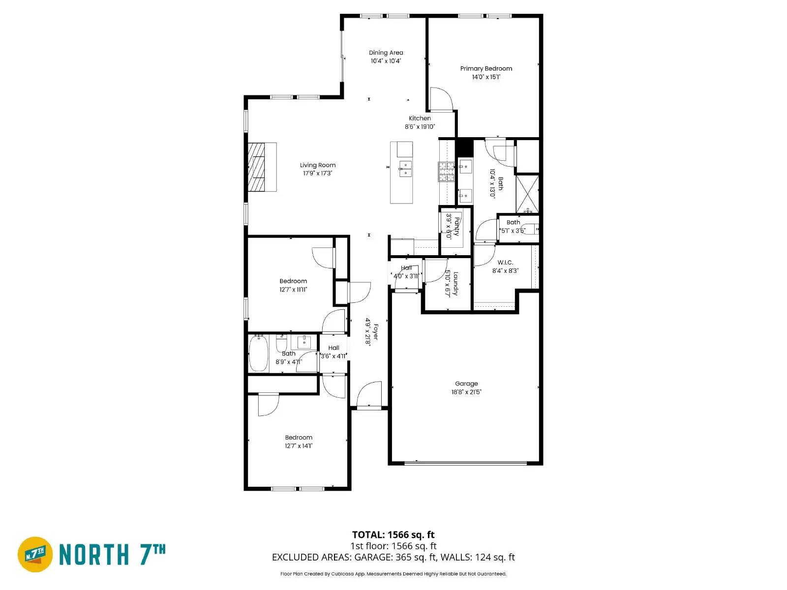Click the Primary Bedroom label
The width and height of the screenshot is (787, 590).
[486, 68]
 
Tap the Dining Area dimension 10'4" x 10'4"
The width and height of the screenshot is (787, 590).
[386, 61]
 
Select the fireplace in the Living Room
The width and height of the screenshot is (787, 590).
[256, 167]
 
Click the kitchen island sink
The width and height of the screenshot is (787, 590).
[405, 169]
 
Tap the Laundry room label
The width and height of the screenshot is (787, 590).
[456, 284]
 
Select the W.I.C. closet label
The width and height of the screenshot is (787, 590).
[505, 263]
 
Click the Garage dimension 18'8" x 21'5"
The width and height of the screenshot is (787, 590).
[466, 392]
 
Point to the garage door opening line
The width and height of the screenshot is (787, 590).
[465, 463]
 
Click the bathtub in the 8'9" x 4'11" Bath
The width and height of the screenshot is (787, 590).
[258, 353]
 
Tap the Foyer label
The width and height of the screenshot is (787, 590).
[376, 331]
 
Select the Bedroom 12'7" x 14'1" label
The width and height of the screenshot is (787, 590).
[299, 438]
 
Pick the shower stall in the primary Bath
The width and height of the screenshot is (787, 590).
[527, 193]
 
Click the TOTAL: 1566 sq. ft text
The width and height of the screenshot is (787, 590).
[393, 534]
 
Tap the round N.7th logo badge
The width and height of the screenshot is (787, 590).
[35, 554]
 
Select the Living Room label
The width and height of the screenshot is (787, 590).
[318, 165]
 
